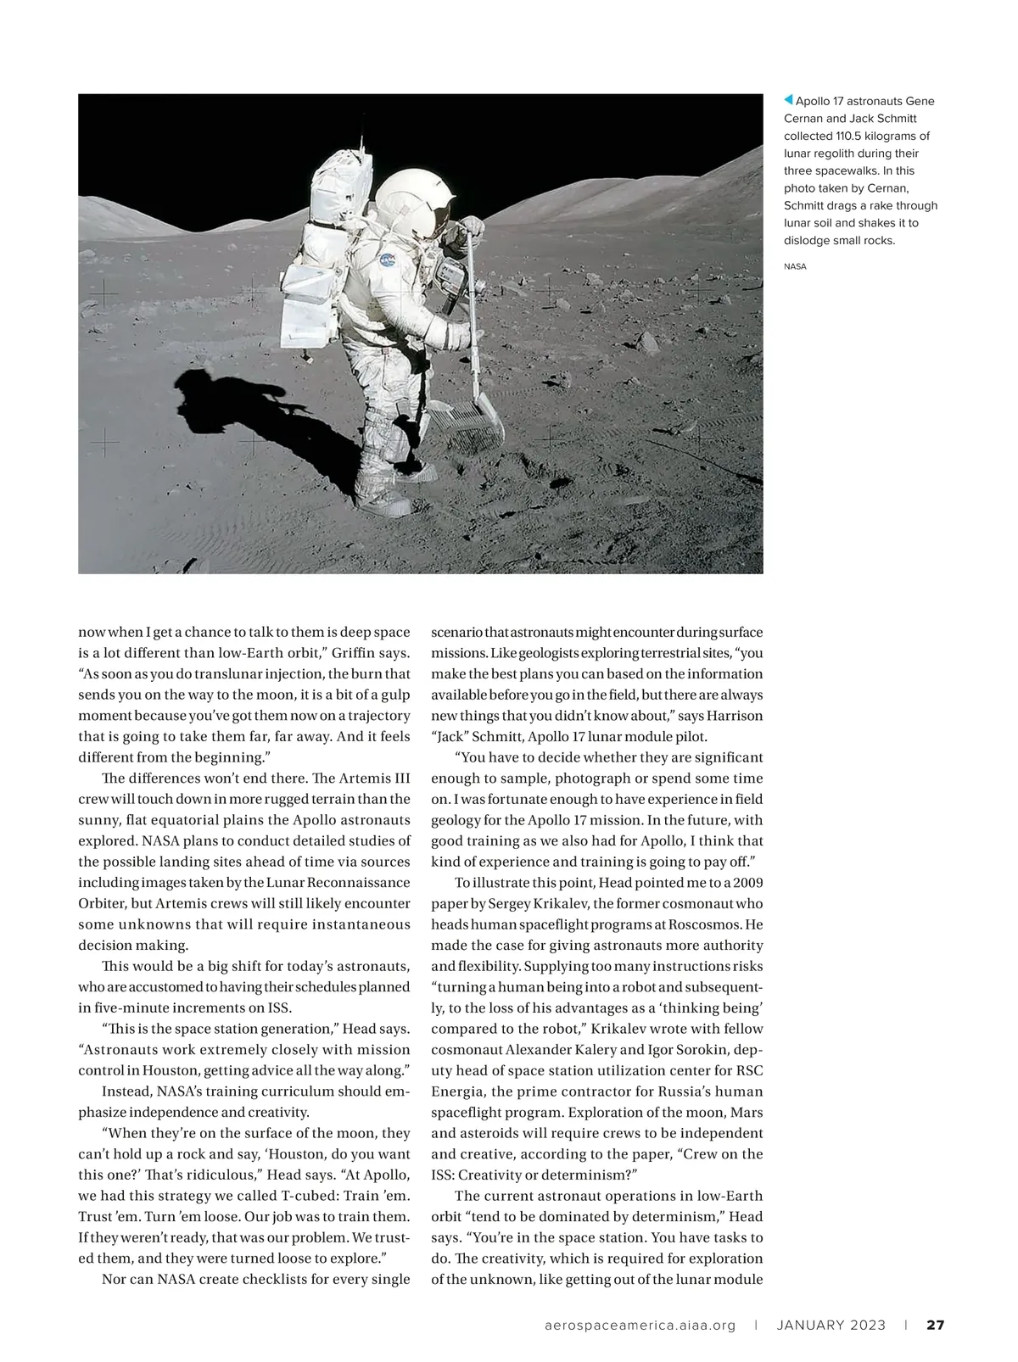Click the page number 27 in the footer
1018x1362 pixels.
tap(935, 1325)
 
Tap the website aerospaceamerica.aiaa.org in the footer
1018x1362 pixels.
tap(640, 1325)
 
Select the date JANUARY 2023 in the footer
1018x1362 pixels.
tap(831, 1325)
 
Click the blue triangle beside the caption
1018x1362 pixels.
tap(788, 101)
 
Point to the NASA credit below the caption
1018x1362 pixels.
tap(795, 266)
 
